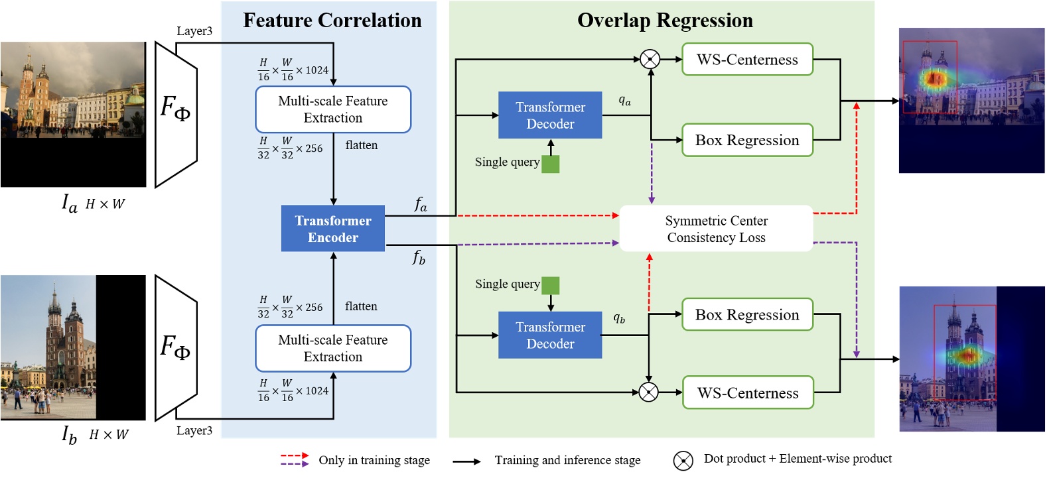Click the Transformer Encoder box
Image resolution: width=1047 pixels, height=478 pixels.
click(332, 229)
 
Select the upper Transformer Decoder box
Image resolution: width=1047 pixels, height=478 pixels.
click(550, 115)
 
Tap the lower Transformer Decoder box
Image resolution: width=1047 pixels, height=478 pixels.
click(550, 335)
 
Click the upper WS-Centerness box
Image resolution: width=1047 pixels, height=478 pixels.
click(747, 60)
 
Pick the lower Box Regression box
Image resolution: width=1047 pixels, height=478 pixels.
click(747, 315)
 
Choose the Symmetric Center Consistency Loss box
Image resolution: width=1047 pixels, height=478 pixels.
click(716, 229)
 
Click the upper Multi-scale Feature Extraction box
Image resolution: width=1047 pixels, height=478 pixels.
click(332, 109)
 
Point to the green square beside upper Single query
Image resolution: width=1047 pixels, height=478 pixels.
click(551, 164)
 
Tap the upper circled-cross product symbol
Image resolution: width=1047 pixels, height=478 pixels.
click(650, 59)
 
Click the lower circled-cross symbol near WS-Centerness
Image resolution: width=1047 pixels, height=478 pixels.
click(648, 392)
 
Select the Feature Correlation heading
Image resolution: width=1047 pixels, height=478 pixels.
click(332, 21)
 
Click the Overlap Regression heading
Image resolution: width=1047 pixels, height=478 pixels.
click(665, 21)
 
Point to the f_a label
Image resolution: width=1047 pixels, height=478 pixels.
click(421, 204)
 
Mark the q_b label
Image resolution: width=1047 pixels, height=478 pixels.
click(618, 318)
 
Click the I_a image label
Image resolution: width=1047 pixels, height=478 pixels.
click(70, 203)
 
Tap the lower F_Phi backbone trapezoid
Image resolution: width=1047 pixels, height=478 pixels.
click(176, 347)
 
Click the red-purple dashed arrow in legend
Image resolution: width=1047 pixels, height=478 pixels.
click(295, 459)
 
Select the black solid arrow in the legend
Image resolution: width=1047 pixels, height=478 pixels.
click(466, 461)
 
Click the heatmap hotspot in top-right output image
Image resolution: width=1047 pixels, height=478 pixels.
click(935, 79)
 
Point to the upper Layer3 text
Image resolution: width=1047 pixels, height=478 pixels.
click(194, 31)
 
